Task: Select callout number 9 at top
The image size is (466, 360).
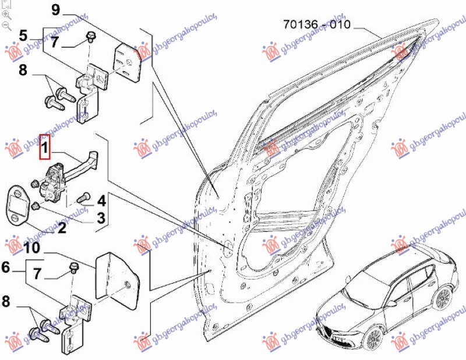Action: [56, 9]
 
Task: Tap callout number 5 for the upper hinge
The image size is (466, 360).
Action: [23, 35]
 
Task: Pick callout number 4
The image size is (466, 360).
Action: [101, 202]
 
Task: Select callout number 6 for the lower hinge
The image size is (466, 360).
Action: [6, 269]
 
